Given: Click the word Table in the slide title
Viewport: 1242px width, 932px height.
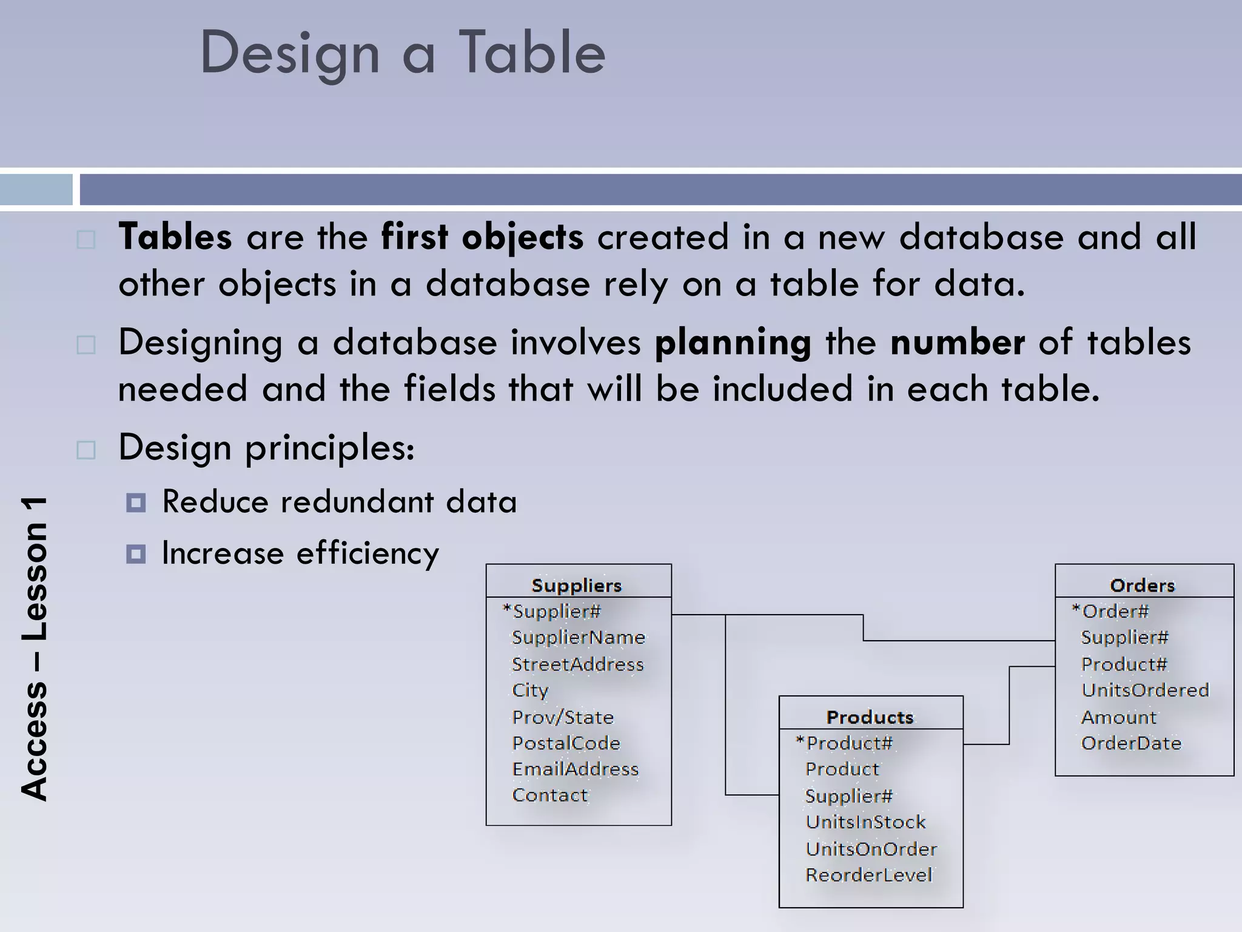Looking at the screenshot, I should [532, 53].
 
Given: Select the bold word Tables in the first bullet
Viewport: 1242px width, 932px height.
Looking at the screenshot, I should [175, 237].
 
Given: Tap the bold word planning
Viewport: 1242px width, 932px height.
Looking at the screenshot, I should [733, 343].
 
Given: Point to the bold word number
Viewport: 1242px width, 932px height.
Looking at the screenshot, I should [957, 342].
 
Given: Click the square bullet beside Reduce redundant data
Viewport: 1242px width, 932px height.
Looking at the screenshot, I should [136, 502].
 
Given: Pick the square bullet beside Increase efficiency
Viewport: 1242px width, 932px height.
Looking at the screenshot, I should [136, 553].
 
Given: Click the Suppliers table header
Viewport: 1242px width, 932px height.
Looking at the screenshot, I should [577, 585].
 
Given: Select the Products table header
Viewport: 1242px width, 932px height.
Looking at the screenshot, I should [870, 717].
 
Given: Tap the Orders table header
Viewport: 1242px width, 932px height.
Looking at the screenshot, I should [1142, 585].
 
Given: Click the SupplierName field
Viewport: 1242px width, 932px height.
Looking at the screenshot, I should [579, 637].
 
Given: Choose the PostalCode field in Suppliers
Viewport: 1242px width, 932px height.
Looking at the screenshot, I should [566, 743].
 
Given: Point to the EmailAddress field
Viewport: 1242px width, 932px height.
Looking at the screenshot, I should [576, 769].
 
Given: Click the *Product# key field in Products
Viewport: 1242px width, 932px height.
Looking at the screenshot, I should [844, 743].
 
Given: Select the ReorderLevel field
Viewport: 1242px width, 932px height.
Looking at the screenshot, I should [868, 875].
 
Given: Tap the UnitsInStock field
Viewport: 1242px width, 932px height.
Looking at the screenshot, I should [865, 822].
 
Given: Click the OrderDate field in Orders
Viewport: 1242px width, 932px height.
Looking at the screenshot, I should [1131, 743].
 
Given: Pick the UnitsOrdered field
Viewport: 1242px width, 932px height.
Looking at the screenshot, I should [1145, 690].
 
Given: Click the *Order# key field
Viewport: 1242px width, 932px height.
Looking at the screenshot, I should [1110, 611].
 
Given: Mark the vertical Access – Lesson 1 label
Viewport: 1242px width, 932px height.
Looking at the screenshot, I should [34, 649].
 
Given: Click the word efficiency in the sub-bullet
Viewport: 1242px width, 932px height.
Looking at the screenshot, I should [368, 553].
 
